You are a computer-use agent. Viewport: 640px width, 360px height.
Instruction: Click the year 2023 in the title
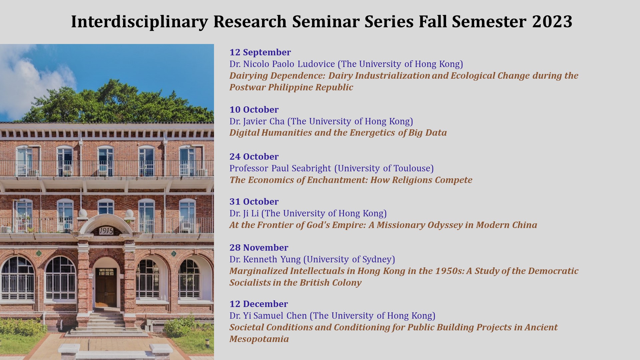coord(552,21)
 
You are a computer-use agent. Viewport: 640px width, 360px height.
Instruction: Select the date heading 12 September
coord(260,52)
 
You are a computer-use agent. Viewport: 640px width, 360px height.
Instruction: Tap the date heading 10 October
coord(254,110)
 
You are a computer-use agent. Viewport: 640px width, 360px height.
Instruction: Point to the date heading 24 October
coord(254,157)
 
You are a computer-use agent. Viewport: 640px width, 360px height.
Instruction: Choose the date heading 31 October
coord(254,202)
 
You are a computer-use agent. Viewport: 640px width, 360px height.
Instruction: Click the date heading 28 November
coord(259,248)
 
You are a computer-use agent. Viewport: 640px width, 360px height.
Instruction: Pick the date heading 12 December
coord(259,304)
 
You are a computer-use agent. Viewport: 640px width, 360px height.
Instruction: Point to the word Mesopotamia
coord(259,339)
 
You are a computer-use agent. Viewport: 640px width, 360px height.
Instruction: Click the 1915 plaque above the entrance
coord(106,231)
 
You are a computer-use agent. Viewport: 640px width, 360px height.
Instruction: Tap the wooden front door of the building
coord(106,288)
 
